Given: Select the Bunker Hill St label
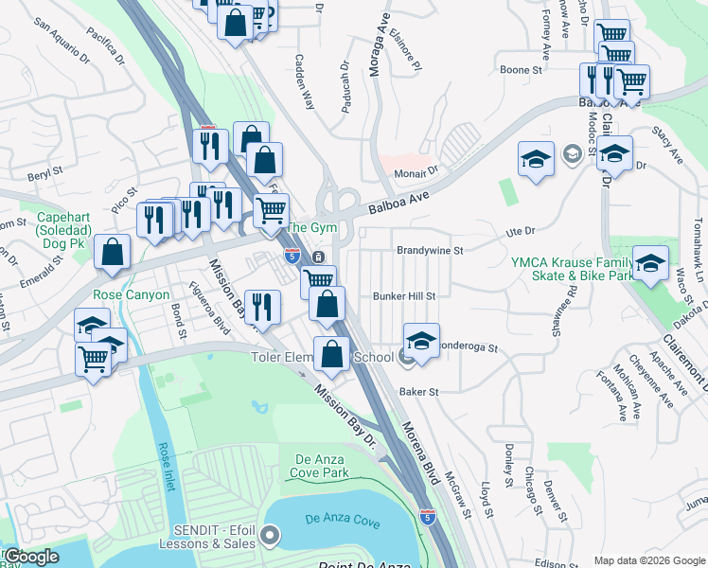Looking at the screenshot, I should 403,296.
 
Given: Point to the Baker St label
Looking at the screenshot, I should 419,391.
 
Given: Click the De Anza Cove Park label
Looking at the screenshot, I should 316,466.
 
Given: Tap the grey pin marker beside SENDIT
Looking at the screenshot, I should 270,537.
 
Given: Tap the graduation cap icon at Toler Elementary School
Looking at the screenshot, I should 422,342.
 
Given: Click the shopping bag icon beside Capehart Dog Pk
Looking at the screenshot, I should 112,253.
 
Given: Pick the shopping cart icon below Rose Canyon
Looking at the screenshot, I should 94,360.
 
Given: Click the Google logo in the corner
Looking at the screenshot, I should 30,557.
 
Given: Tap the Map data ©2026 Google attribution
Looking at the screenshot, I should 649,559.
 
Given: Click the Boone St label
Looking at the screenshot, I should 521,70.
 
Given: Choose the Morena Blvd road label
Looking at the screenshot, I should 422,455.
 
